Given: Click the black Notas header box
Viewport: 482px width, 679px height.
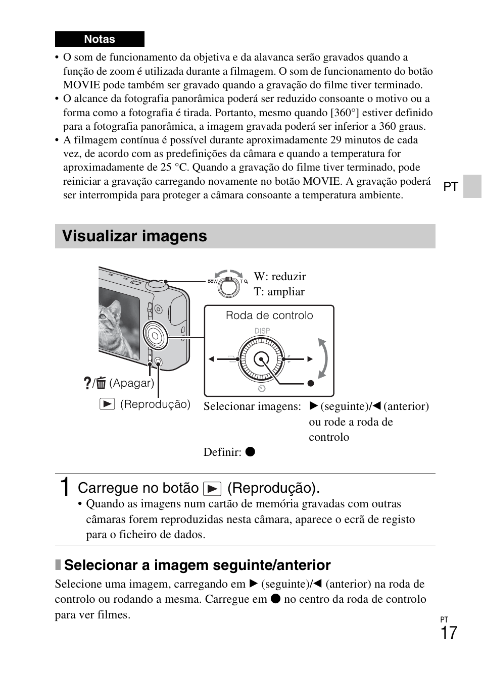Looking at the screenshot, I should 100,39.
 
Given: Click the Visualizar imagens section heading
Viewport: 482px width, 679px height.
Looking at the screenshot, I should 134,236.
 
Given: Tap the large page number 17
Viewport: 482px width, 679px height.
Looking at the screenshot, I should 448,633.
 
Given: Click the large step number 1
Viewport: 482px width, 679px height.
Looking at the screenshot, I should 64,488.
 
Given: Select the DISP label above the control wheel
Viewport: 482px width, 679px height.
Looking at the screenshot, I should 262,331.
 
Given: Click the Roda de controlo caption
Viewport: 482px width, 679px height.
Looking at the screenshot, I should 269,316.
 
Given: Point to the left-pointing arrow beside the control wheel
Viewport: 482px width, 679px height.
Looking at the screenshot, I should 212,359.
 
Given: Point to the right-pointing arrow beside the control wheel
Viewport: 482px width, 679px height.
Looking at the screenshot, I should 310,359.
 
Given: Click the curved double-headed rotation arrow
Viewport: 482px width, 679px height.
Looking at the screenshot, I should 322,358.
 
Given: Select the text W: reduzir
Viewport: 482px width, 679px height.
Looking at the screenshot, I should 280,277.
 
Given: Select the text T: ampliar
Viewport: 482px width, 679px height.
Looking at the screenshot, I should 279,292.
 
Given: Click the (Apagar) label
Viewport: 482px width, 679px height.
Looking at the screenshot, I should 131,383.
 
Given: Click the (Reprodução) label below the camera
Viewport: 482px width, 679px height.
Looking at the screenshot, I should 155,404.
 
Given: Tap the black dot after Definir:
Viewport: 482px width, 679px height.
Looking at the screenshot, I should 250,452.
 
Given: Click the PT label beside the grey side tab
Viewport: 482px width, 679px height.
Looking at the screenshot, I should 451,187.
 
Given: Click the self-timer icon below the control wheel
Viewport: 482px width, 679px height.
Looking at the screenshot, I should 261,388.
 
